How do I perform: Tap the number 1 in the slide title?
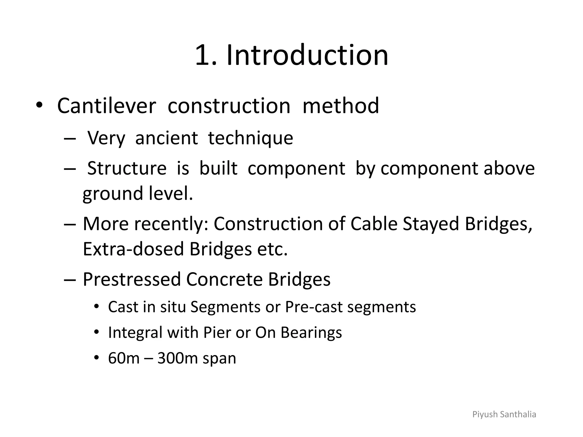click(x=203, y=55)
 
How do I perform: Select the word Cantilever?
click(x=106, y=106)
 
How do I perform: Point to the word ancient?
click(x=166, y=138)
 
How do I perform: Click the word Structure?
click(x=127, y=168)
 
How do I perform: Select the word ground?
click(x=113, y=194)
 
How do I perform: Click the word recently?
click(x=171, y=224)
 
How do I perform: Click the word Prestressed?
click(x=132, y=279)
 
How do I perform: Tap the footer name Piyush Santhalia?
click(x=504, y=415)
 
